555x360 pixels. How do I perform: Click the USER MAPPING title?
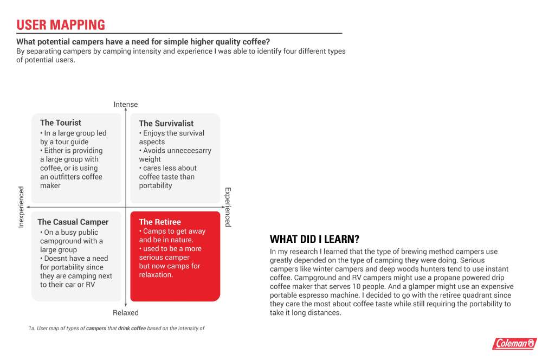[61, 25]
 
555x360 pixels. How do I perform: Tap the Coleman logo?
[514, 343]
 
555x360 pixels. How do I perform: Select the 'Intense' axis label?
[126, 105]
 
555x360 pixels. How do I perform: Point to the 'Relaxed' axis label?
[126, 313]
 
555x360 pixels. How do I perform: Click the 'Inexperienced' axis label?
[22, 207]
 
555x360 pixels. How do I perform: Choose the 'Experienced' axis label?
[228, 207]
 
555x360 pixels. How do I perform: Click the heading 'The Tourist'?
[61, 123]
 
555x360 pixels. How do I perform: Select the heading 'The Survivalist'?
[166, 124]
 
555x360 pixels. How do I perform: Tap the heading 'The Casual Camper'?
[73, 222]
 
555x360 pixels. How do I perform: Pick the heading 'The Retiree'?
[160, 222]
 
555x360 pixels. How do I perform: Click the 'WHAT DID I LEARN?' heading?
[315, 239]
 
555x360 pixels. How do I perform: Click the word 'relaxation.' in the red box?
[156, 275]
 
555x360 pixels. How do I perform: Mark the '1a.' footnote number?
[32, 329]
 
